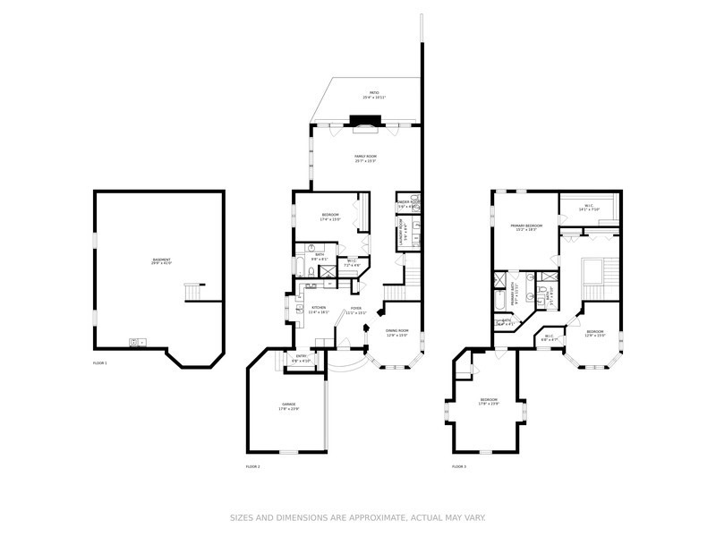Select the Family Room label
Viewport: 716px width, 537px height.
click(365, 158)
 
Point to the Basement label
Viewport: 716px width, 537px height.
click(161, 262)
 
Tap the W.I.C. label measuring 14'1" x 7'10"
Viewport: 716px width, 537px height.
click(588, 208)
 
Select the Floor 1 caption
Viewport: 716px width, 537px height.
click(99, 363)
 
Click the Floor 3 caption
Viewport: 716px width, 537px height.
click(458, 466)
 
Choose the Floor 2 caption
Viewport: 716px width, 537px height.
click(252, 466)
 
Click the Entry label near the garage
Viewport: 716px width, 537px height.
click(303, 358)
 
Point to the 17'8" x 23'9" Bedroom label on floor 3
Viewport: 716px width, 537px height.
click(489, 401)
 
